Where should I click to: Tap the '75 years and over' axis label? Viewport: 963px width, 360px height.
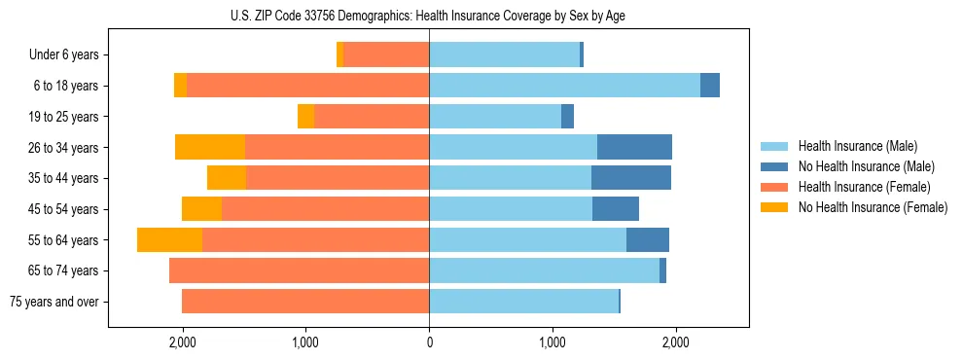54,302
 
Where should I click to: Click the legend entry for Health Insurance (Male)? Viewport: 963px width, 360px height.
857,146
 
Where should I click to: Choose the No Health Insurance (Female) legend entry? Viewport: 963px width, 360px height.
873,207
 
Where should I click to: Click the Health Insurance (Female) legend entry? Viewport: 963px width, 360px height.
864,187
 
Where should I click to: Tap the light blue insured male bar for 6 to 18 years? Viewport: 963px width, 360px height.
564,86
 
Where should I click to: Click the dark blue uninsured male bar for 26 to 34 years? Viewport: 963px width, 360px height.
634,148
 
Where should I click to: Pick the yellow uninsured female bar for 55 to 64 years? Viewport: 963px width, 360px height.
169,240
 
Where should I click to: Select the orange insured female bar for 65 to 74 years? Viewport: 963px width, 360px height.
299,270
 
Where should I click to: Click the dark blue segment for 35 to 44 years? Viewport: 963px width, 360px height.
631,178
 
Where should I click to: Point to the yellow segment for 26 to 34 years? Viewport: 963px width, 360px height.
209,148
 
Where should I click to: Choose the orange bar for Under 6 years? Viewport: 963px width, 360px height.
386,55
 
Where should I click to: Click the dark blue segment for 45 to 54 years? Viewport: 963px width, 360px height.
616,209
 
